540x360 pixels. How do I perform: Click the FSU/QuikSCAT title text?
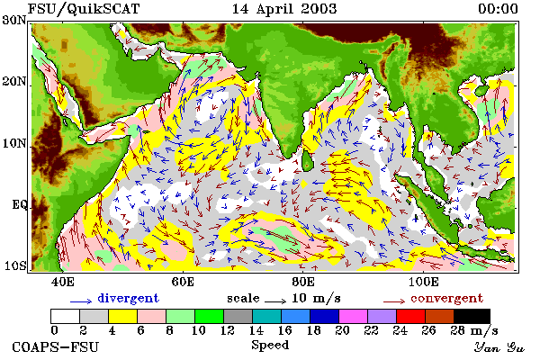[84, 9]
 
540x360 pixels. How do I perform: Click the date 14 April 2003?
[284, 9]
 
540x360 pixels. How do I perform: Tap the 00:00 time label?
[498, 9]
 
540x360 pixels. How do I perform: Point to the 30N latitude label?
[14, 20]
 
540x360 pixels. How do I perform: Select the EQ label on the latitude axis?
[20, 205]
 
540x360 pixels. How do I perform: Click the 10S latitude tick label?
[14, 266]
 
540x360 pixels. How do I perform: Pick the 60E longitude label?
[183, 282]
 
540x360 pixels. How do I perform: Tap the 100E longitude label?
[424, 282]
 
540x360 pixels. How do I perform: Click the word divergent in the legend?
[128, 298]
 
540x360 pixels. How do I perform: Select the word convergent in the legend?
[447, 298]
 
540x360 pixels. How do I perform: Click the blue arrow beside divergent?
[81, 301]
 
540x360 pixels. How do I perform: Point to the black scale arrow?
[275, 301]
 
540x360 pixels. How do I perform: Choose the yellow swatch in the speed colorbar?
[123, 316]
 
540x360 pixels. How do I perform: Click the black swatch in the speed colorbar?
[472, 316]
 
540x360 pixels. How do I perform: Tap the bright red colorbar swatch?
[410, 316]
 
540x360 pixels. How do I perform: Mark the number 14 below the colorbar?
[256, 330]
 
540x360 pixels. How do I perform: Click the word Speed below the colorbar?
[270, 346]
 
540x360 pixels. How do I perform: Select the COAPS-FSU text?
[56, 346]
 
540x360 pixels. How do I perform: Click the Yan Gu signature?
[499, 347]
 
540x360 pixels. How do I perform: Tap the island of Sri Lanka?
[307, 160]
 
